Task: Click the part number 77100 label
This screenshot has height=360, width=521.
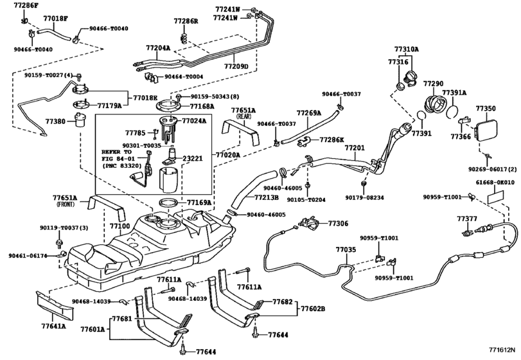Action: click(120, 226)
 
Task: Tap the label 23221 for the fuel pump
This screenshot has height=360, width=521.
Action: click(193, 157)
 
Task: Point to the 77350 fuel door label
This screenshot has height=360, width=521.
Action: click(485, 109)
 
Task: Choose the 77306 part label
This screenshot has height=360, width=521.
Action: click(338, 224)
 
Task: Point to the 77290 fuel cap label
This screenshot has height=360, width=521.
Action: click(433, 84)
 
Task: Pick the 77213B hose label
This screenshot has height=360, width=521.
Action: click(266, 198)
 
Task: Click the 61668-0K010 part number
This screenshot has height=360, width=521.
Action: click(495, 183)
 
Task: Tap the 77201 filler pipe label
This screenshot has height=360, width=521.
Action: click(354, 147)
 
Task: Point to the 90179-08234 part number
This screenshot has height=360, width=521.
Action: click(364, 197)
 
